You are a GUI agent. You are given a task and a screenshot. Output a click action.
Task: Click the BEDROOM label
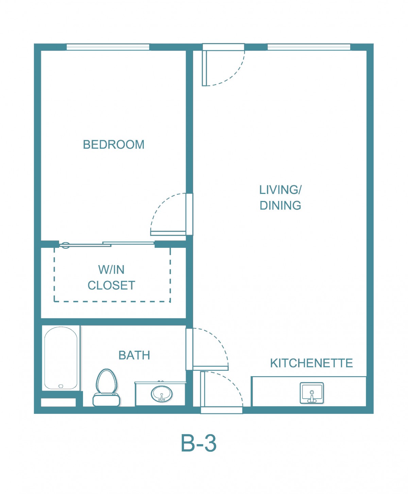point(114,145)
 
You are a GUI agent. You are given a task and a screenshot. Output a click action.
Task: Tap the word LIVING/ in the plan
point(280,190)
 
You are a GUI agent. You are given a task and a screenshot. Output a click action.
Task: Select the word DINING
point(280,205)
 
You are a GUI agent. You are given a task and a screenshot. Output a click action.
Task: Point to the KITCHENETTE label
point(311,363)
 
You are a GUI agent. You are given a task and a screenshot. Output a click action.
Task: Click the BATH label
point(134,355)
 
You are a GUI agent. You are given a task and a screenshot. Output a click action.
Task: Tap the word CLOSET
point(112,285)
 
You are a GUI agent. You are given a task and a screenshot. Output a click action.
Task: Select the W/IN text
point(112,270)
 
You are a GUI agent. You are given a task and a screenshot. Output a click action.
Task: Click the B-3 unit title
point(199,443)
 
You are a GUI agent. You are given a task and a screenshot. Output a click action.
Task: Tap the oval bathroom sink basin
point(161,394)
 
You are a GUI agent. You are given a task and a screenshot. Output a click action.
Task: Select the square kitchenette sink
point(311,393)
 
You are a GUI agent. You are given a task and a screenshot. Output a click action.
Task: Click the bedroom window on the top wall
point(108,47)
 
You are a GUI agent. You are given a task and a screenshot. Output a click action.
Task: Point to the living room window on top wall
point(309,47)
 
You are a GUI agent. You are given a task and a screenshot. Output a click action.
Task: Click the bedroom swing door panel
point(168,233)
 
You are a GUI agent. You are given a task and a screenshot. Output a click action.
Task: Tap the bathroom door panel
point(211,368)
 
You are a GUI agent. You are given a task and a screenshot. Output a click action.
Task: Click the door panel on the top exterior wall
point(204,68)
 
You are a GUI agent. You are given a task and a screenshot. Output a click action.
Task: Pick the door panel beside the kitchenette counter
point(203,389)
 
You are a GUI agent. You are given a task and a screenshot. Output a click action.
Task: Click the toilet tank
point(106,400)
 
